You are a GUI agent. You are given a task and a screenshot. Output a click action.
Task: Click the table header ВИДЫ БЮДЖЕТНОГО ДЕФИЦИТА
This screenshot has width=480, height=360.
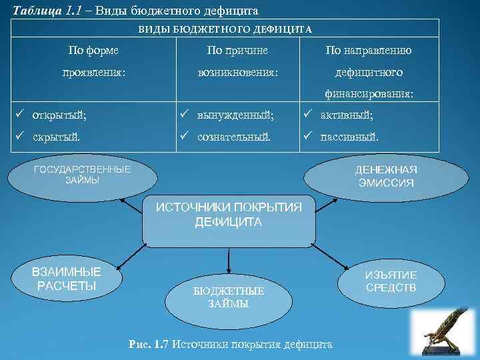click(x=225, y=29)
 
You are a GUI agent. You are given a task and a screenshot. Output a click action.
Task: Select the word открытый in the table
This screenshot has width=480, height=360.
click(x=60, y=115)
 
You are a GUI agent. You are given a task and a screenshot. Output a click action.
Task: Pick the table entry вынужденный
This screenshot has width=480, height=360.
click(x=235, y=115)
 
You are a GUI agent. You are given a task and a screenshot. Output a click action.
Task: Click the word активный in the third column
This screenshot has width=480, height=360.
click(x=347, y=115)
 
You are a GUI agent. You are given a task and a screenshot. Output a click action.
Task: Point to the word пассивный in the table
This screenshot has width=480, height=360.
click(x=349, y=137)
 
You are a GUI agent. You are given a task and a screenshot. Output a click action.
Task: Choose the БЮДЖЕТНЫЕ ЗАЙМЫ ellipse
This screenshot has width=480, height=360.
click(x=229, y=297)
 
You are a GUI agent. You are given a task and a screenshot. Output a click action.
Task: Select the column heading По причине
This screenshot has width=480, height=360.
click(x=237, y=49)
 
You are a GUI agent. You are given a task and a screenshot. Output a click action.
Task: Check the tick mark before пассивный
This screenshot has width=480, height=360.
click(x=308, y=137)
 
